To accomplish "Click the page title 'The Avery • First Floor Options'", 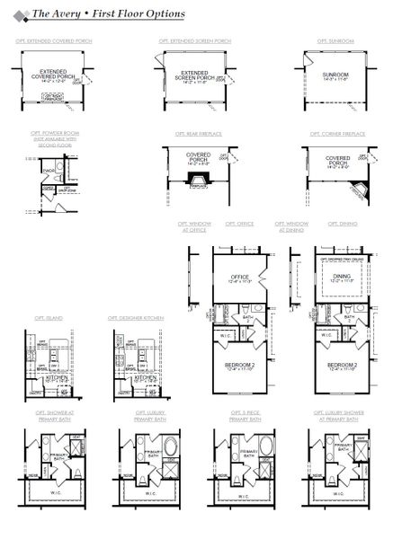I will click(109, 14).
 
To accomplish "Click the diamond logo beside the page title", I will click(20, 14).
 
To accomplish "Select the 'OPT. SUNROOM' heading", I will click(335, 41).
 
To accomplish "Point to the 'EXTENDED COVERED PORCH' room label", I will click(55, 77).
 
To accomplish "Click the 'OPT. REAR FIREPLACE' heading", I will click(194, 133).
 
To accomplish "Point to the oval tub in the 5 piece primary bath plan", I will click(245, 446).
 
